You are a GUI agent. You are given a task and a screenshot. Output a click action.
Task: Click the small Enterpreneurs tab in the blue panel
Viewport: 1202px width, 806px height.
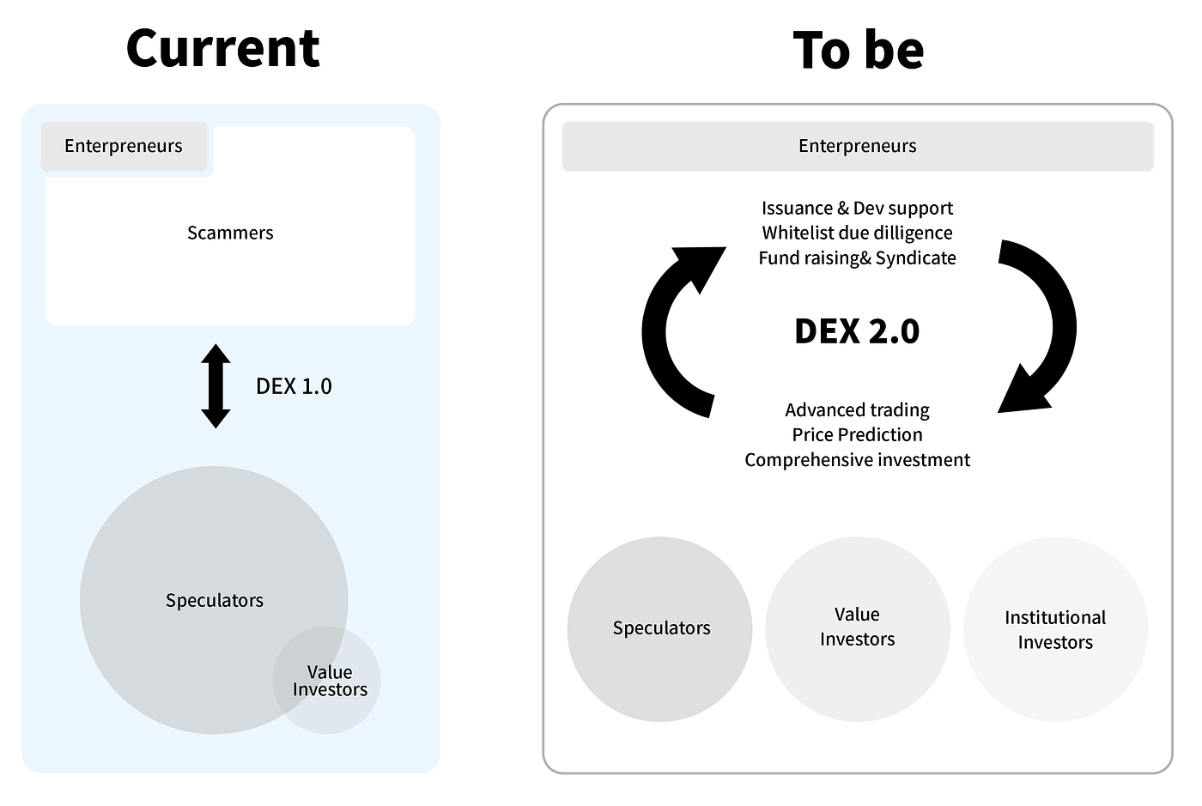tap(124, 146)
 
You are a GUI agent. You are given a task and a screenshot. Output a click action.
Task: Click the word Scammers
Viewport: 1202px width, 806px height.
tap(230, 233)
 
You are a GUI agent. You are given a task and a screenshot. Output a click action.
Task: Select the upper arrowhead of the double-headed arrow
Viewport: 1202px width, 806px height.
tap(216, 355)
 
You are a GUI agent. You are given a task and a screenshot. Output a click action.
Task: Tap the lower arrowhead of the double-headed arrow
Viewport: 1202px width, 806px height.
tap(216, 418)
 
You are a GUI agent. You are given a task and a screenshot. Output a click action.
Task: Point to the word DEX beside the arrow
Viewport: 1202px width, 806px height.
tap(276, 386)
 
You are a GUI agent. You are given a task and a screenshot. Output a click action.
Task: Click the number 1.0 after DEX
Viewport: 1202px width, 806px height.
tap(316, 386)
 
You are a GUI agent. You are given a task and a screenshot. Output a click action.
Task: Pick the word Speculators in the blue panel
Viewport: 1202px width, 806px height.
tap(215, 600)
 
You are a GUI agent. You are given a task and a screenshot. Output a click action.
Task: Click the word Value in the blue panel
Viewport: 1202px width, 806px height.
tap(330, 672)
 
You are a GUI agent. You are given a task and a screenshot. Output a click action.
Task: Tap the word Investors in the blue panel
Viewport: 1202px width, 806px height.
tap(330, 689)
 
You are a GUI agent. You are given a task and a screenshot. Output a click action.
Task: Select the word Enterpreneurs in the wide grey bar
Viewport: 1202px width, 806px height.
tap(857, 146)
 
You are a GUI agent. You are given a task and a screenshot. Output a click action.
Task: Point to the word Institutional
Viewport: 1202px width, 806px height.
tap(1055, 617)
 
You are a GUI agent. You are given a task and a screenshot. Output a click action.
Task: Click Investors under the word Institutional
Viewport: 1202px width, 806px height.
tap(1055, 642)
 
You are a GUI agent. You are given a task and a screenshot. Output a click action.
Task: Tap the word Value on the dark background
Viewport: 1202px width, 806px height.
tap(857, 615)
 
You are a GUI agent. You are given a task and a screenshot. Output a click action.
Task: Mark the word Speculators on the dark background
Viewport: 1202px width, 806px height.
tap(661, 627)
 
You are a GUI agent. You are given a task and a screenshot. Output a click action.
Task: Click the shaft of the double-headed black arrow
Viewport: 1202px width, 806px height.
tap(216, 386)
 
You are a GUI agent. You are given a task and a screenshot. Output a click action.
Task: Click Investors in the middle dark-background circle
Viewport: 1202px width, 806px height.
tap(857, 639)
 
